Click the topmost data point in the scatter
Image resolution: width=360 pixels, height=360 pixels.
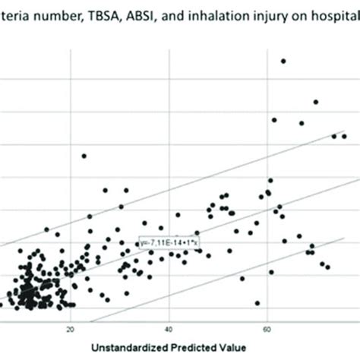283,61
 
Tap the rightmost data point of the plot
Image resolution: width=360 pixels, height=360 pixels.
344,136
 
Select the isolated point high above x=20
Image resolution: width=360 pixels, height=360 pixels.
84,156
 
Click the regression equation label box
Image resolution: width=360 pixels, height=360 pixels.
169,242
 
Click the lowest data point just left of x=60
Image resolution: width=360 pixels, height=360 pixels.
257,302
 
